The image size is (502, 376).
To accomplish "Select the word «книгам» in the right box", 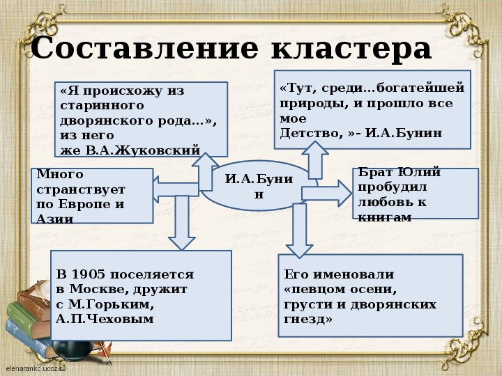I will tap(383, 217).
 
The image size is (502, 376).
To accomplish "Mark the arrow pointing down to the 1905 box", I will tap(183, 223).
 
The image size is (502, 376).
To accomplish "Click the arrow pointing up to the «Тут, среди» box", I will tap(314, 162).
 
